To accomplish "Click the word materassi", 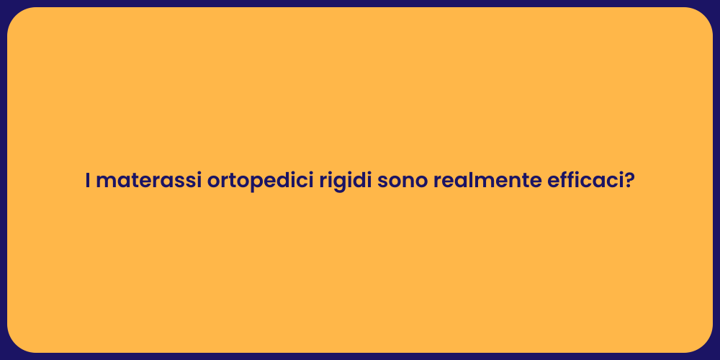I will pyautogui.click(x=148, y=181).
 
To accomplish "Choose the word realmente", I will pyautogui.click(x=483, y=181).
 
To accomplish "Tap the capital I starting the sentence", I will pyautogui.click(x=87, y=181).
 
